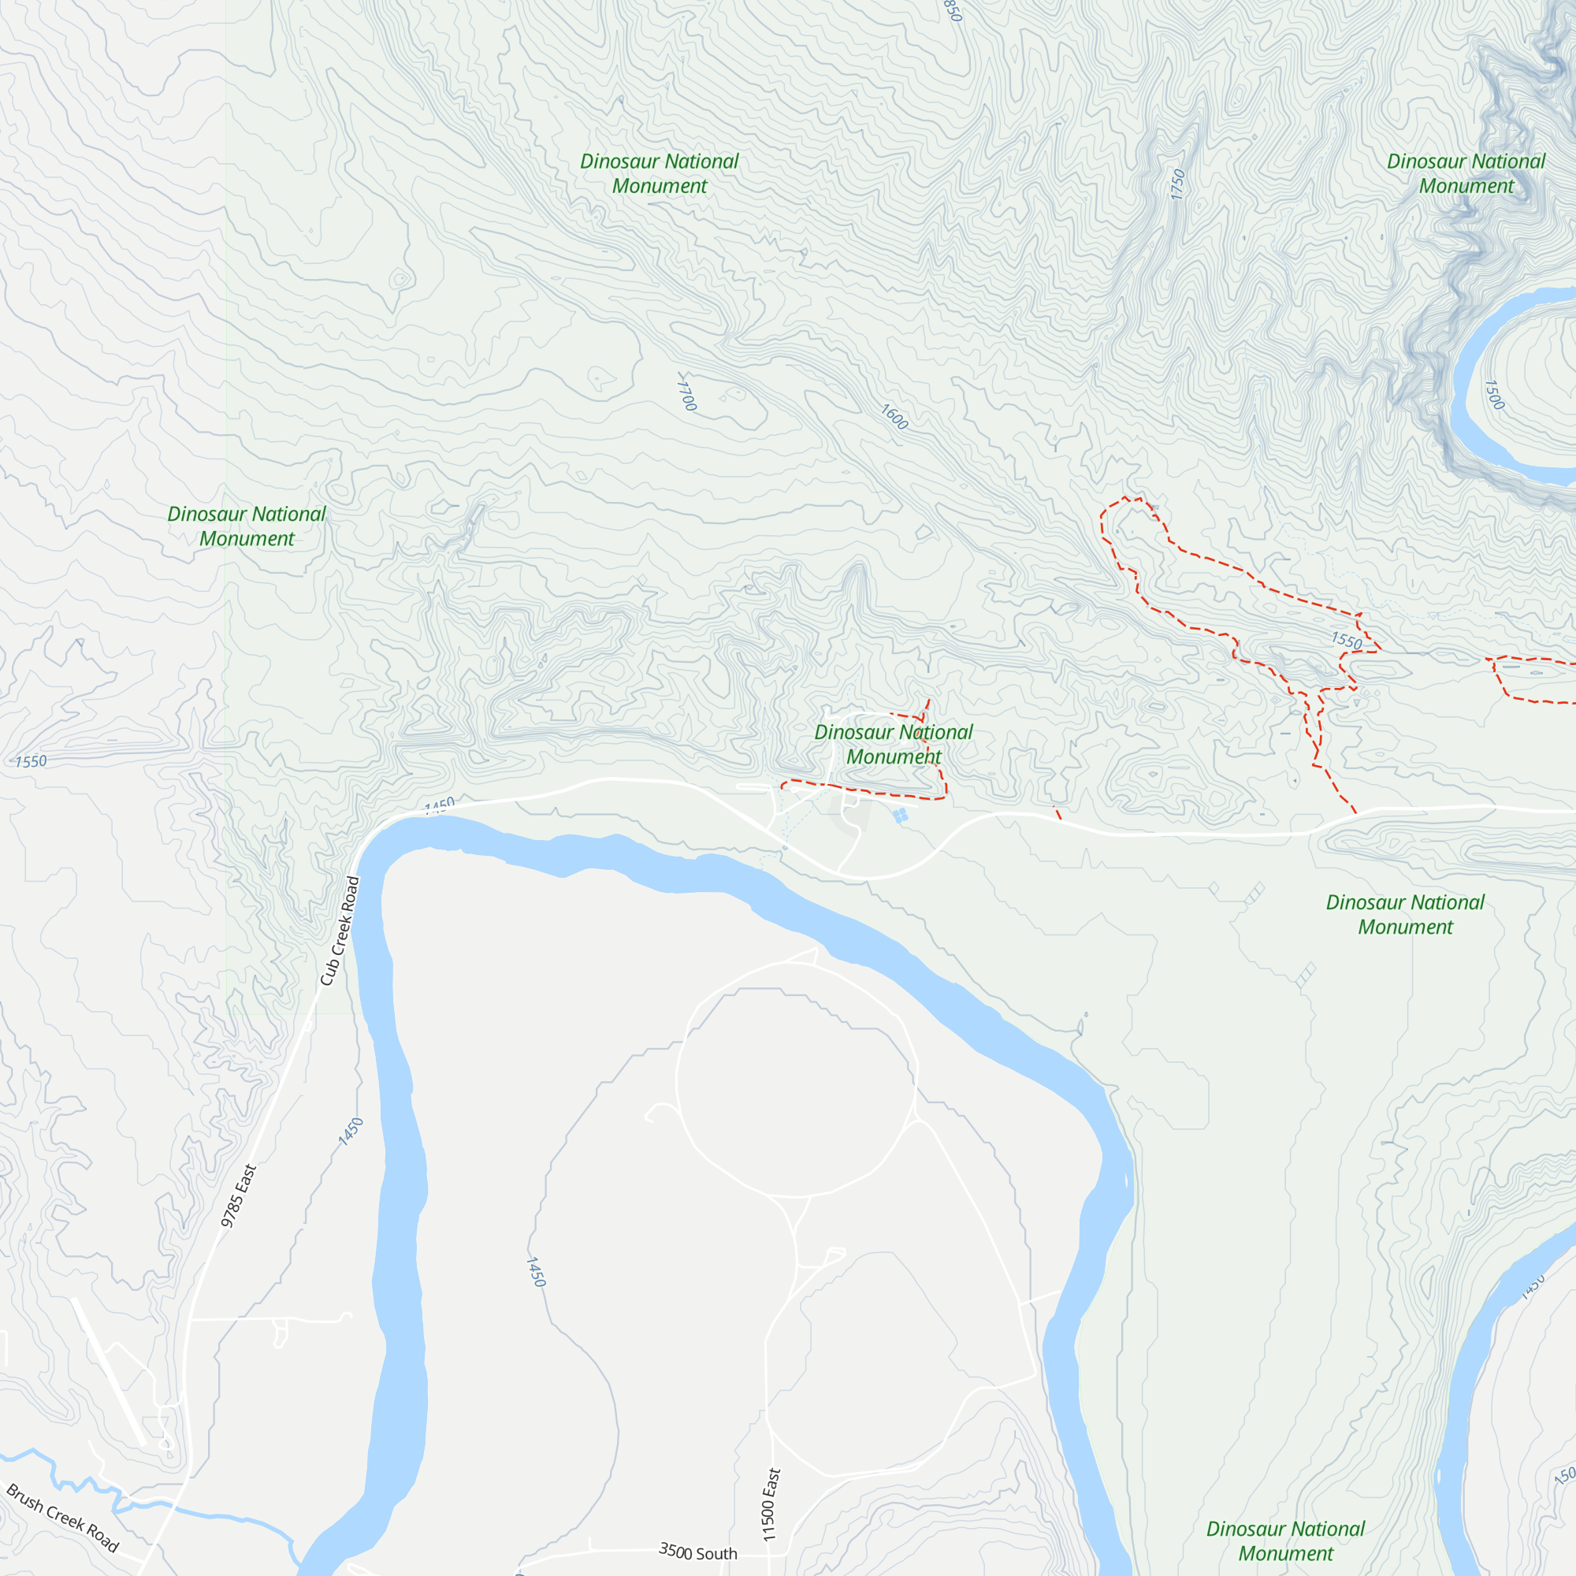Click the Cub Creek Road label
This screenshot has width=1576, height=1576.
coord(340,930)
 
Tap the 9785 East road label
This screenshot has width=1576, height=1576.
coord(239,1195)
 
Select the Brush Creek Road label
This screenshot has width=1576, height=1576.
coord(63,1517)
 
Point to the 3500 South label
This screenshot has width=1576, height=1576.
coord(697,1552)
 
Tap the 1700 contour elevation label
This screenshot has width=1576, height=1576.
coord(687,392)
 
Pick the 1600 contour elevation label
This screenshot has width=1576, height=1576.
coord(894,418)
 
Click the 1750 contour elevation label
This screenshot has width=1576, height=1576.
coord(1177,184)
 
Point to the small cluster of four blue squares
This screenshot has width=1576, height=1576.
coord(901,816)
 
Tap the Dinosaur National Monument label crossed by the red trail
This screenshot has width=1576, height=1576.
coord(894,744)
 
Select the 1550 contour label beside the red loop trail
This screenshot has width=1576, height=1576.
coord(1346,641)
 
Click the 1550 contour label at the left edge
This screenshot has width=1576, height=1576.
coord(31,761)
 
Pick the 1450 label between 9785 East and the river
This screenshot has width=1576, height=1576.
coord(350,1132)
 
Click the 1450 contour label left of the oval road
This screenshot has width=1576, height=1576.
coord(535,1272)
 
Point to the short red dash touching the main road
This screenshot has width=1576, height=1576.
coord(1057,812)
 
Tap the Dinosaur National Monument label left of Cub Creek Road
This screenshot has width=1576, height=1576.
coord(247,526)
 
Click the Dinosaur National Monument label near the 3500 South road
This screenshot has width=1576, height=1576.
coord(1284,1540)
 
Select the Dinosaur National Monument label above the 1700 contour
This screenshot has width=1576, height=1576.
coord(659,173)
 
